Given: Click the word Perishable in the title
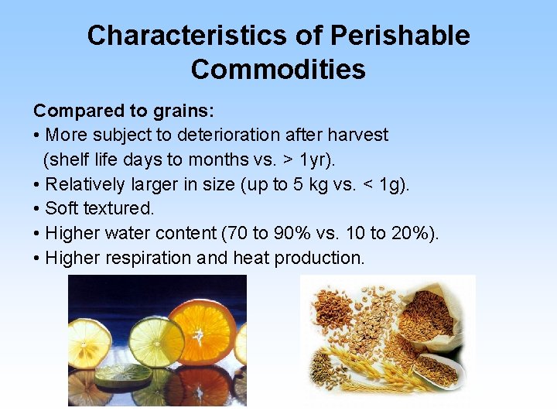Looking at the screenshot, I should [x=399, y=36].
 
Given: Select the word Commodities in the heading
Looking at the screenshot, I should [x=278, y=70].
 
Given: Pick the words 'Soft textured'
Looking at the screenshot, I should [x=99, y=208].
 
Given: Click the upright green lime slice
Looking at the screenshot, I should [x=156, y=341].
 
